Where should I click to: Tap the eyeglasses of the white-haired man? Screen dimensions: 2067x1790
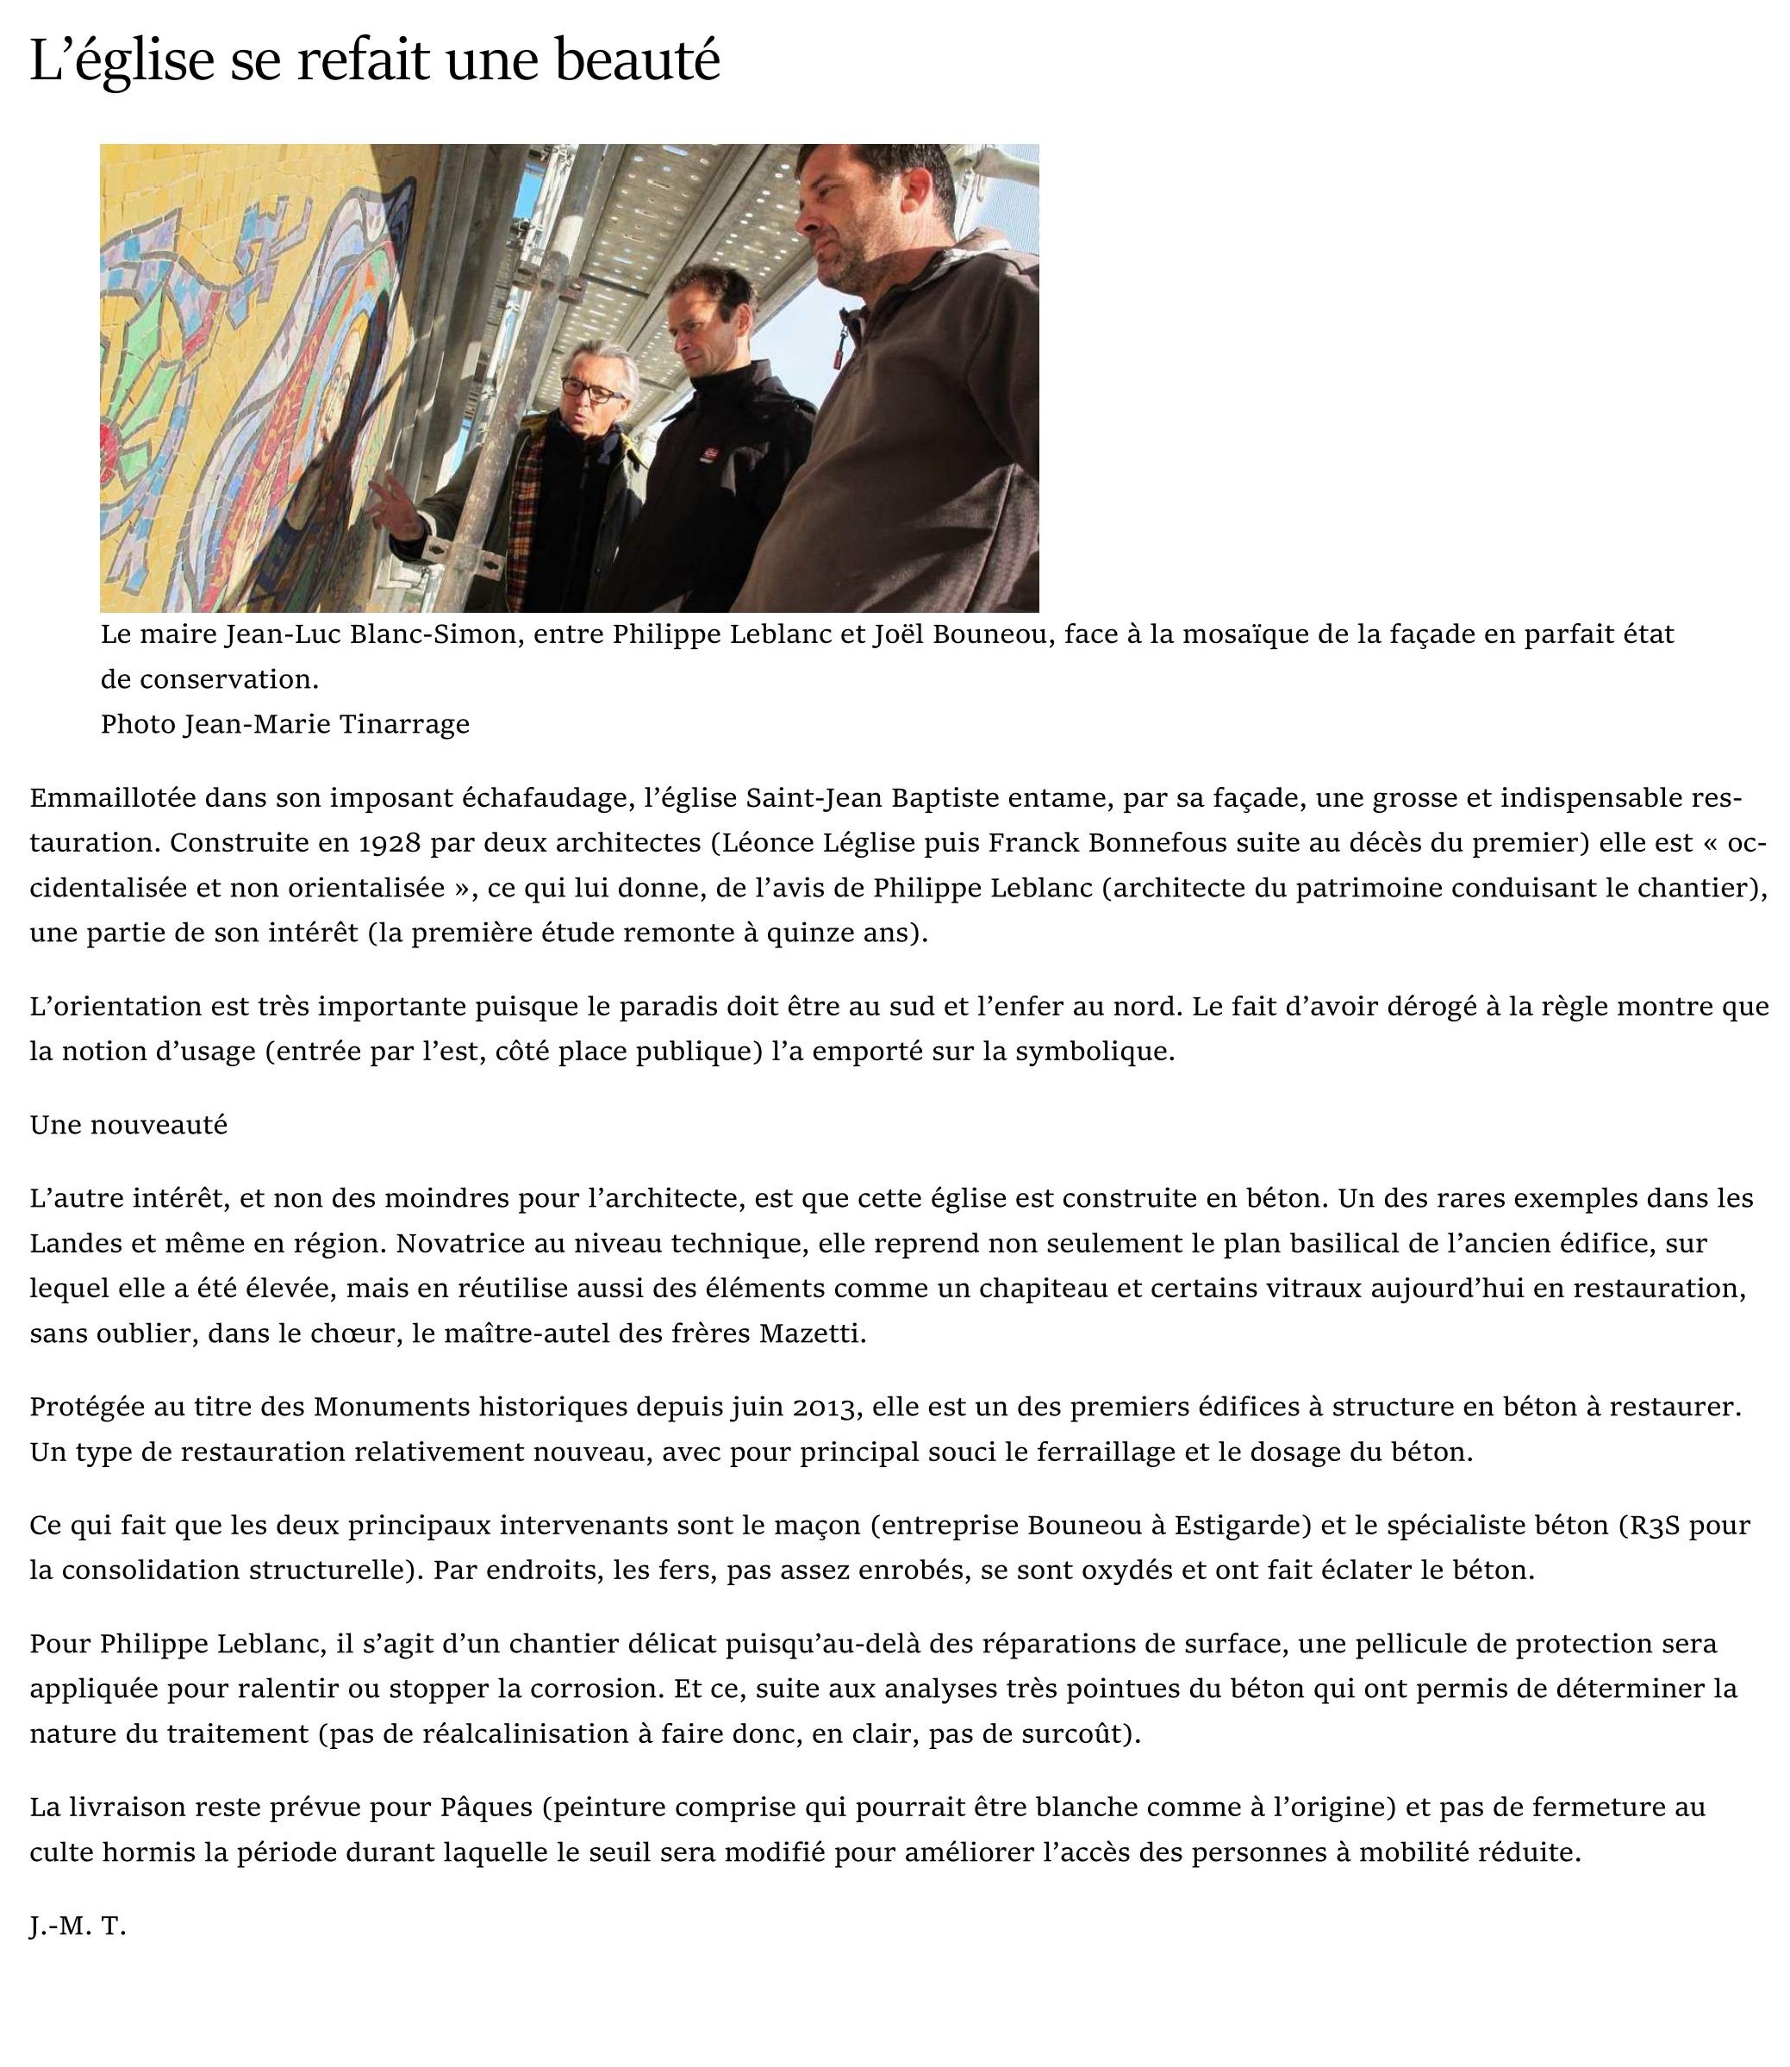point(592,389)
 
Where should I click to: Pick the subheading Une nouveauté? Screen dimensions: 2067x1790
point(129,1124)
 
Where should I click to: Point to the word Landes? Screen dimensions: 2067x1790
point(71,1243)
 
